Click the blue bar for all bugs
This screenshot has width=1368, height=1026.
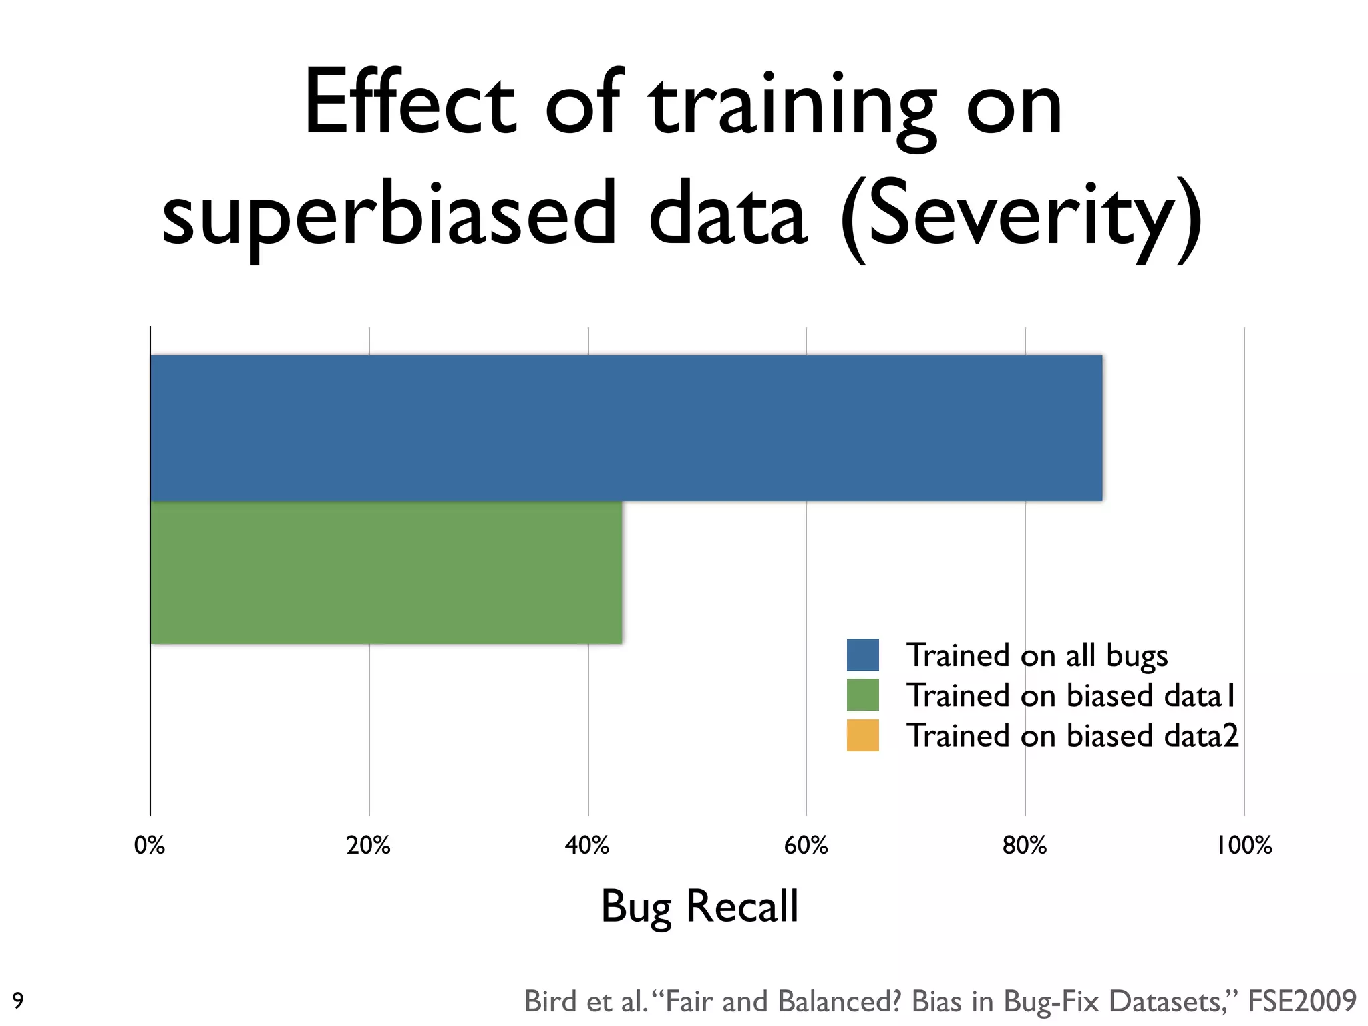click(626, 427)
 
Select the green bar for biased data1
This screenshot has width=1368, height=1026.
click(386, 572)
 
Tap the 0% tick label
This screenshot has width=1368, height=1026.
click(150, 846)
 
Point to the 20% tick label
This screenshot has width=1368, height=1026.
click(369, 846)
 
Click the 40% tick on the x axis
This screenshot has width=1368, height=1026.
click(587, 846)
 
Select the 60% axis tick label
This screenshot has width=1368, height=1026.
click(806, 846)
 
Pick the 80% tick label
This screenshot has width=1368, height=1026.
click(1025, 846)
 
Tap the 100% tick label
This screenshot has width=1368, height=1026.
click(1244, 846)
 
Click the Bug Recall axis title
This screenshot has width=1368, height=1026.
click(699, 906)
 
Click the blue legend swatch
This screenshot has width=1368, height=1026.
click(862, 655)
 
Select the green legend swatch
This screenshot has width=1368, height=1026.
click(862, 695)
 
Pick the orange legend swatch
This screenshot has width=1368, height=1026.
click(862, 735)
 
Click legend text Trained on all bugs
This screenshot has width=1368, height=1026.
click(1037, 655)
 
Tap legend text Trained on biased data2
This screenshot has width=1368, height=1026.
click(1072, 735)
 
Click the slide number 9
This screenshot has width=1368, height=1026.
click(18, 1001)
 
